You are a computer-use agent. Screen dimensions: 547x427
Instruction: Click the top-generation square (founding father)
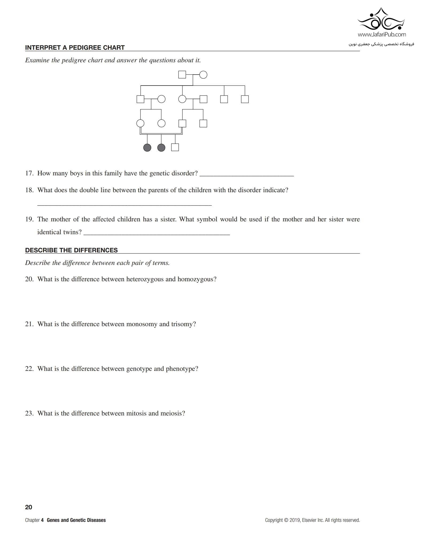click(x=182, y=75)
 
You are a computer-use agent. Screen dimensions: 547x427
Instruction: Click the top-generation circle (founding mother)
click(x=203, y=75)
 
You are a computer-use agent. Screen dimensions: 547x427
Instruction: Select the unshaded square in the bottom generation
click(x=175, y=147)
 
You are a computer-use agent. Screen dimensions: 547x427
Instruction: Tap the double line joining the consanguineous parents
click(x=161, y=133)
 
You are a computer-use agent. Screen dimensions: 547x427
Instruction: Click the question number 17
click(x=29, y=173)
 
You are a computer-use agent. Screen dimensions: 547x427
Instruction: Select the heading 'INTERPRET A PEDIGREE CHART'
click(x=75, y=48)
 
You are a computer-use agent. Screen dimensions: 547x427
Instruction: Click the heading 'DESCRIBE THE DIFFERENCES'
click(x=71, y=250)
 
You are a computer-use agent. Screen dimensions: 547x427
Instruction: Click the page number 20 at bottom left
click(x=29, y=507)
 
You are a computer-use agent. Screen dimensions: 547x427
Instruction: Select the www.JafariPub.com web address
click(x=382, y=34)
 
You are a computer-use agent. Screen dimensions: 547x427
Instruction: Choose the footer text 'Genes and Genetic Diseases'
click(x=76, y=520)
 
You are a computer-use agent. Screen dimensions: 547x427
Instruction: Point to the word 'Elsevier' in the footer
click(x=309, y=520)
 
